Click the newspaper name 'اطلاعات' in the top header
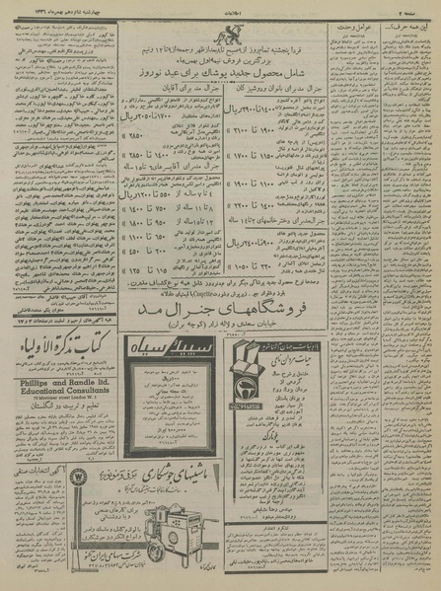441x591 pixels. (221, 5)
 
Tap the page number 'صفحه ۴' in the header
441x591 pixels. (421, 6)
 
